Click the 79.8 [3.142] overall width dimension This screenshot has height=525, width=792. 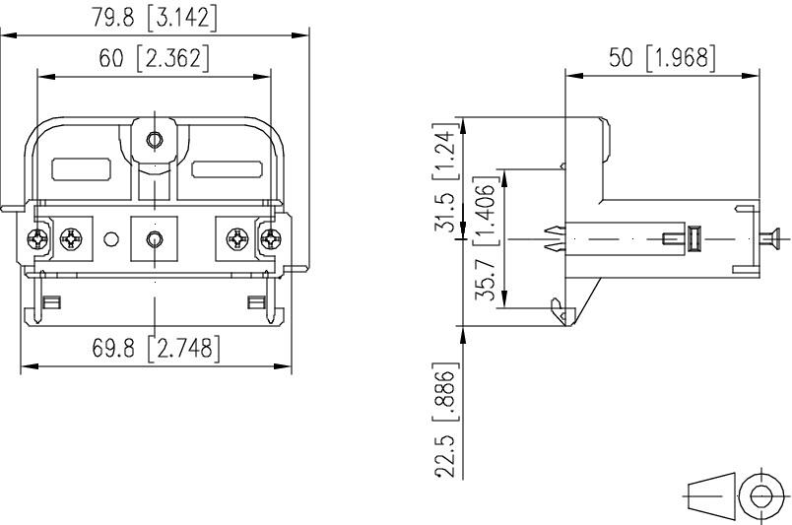coord(155,19)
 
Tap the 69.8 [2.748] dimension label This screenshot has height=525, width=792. coord(157,348)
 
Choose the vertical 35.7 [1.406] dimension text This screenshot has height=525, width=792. coord(484,241)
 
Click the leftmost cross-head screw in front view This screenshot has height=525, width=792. coord(37,238)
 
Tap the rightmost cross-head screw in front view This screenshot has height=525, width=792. coord(270,238)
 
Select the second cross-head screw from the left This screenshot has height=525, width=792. coord(71,238)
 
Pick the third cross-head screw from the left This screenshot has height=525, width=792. coord(236,238)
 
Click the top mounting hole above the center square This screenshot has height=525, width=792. coord(154,140)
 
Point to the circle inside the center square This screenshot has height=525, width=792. coord(154,238)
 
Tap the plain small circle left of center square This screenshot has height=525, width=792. coord(111,238)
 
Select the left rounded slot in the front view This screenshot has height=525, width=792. coord(80,170)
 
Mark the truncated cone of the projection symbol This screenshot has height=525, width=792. coord(711,494)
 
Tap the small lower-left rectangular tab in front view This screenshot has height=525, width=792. coord(52,300)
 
